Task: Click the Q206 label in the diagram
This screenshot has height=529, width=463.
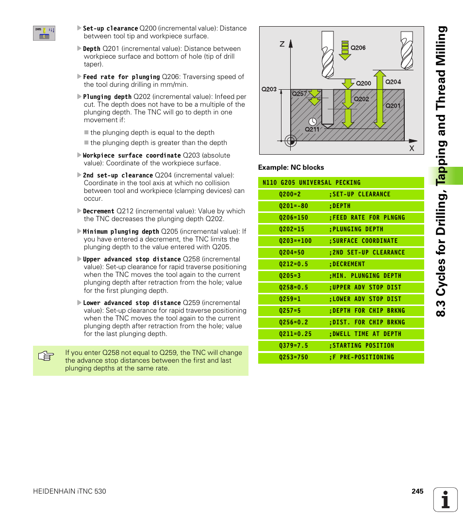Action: [x=358, y=48]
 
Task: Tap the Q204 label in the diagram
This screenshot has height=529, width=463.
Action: [x=393, y=82]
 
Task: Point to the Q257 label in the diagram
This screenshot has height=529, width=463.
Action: [x=299, y=94]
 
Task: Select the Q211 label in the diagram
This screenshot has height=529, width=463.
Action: [x=312, y=129]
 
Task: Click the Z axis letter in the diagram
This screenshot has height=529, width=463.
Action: [x=282, y=44]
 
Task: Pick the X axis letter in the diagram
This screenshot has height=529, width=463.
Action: [x=411, y=148]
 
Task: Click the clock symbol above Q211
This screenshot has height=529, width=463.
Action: [x=312, y=121]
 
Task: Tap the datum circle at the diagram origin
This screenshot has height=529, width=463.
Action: [x=290, y=141]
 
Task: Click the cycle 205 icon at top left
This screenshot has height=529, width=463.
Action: [x=44, y=33]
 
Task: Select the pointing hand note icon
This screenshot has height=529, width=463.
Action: [x=46, y=357]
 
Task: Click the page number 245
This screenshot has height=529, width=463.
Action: [x=417, y=491]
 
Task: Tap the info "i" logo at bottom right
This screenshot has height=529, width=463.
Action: [x=446, y=499]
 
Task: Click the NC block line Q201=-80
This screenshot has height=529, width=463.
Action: [x=294, y=206]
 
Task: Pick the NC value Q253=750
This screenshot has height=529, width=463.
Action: [x=294, y=357]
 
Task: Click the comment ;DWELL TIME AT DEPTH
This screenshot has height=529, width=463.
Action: [x=365, y=334]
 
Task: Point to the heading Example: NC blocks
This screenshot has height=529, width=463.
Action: [x=291, y=167]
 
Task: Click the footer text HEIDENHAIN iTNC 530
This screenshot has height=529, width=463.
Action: [x=69, y=491]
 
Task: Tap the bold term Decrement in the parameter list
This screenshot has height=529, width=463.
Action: [x=99, y=211]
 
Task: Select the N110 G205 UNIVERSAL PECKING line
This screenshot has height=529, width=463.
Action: [x=311, y=183]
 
